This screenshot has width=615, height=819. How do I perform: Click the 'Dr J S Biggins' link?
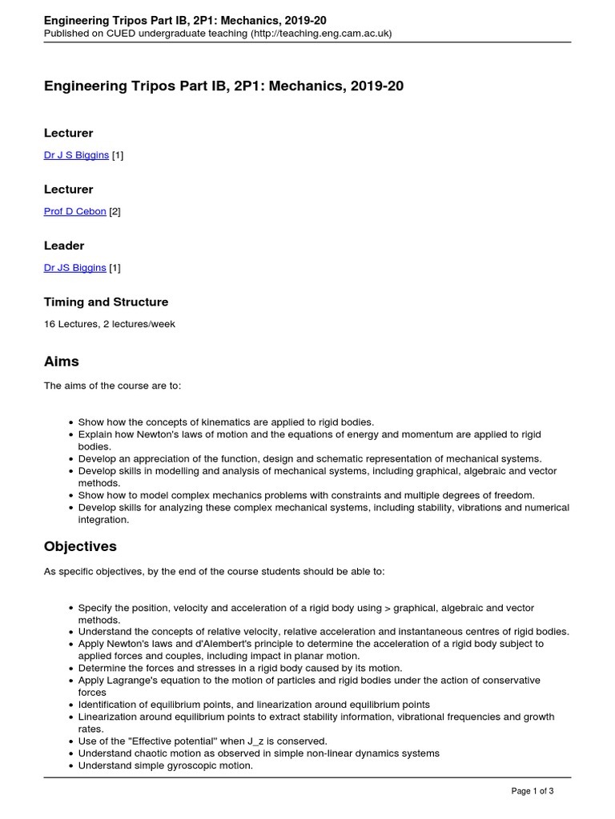pyautogui.click(x=76, y=155)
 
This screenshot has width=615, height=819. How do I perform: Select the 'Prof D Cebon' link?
pyautogui.click(x=74, y=211)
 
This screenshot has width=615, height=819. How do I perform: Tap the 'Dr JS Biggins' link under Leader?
pyautogui.click(x=74, y=268)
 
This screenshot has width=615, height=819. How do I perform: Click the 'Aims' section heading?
pyautogui.click(x=61, y=362)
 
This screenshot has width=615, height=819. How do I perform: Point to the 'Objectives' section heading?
pyautogui.click(x=80, y=546)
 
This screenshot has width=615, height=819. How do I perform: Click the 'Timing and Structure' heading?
pyautogui.click(x=106, y=302)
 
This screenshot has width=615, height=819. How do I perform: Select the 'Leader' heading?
pyautogui.click(x=64, y=246)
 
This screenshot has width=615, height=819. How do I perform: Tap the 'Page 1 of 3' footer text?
pyautogui.click(x=533, y=791)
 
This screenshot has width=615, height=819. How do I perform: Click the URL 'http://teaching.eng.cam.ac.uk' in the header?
pyautogui.click(x=320, y=34)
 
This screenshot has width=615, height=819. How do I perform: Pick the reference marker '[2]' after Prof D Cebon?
pyautogui.click(x=115, y=211)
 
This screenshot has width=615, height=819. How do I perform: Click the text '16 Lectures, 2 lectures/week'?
pyautogui.click(x=109, y=324)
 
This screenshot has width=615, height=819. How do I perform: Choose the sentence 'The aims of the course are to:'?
pyautogui.click(x=112, y=386)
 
